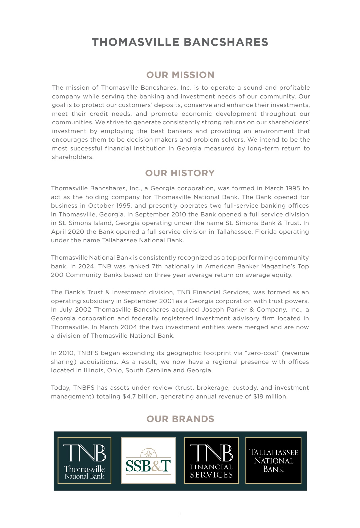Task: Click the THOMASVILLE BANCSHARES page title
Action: click(180, 42)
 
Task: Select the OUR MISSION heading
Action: click(180, 75)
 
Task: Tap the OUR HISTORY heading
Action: click(180, 173)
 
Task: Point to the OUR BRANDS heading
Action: click(180, 419)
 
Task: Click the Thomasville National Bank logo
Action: click(84, 461)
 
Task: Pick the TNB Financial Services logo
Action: click(211, 461)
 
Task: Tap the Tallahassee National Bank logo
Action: click(273, 461)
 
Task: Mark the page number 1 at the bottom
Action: click(180, 514)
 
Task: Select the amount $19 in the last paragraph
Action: click(259, 396)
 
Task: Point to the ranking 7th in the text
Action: click(157, 266)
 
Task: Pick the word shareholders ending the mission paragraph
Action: click(72, 157)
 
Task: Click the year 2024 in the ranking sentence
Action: click(86, 266)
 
